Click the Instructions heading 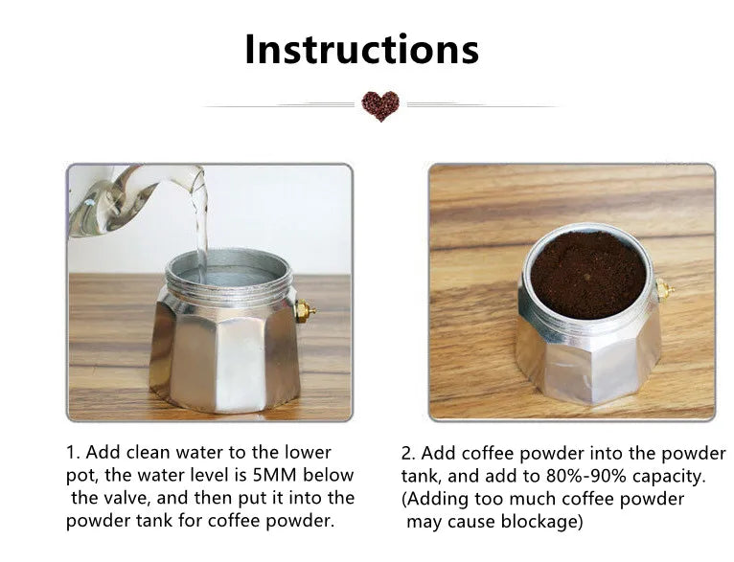click(362, 49)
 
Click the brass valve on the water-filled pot click(305, 311)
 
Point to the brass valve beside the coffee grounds click(665, 291)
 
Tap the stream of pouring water click(200, 224)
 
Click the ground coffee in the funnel click(588, 275)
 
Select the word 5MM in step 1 click(274, 475)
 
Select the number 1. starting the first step click(74, 453)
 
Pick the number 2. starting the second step click(408, 454)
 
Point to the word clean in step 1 click(146, 452)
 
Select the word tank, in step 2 click(422, 477)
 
